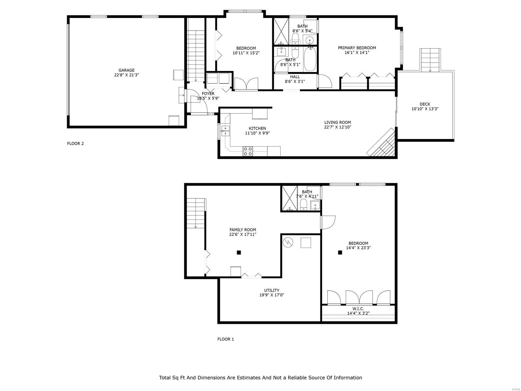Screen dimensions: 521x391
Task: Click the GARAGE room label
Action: click(x=126, y=70)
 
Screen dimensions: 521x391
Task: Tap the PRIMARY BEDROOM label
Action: click(x=357, y=48)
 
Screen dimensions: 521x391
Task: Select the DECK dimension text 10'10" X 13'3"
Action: click(x=425, y=109)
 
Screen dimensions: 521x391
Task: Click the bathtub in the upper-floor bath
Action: click(x=310, y=59)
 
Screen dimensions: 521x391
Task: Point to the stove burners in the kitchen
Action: click(x=247, y=151)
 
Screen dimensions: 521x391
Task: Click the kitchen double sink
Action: click(x=225, y=131)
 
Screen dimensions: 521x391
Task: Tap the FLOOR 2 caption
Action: click(x=75, y=143)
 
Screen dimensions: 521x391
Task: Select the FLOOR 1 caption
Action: click(x=225, y=339)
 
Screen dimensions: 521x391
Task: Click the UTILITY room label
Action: click(x=272, y=290)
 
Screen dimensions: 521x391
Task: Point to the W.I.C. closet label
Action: click(x=358, y=309)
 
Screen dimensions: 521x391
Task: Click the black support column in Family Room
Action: click(x=239, y=253)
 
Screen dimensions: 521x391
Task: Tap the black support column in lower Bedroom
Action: click(x=340, y=253)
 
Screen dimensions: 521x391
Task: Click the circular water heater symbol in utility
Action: click(x=288, y=242)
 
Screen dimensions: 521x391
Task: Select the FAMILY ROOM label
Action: click(x=243, y=230)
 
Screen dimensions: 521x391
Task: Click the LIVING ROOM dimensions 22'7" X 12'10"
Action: click(x=338, y=127)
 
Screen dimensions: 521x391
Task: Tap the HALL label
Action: click(x=295, y=77)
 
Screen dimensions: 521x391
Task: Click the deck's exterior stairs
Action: click(x=430, y=60)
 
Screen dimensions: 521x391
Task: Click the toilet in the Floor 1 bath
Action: click(x=303, y=205)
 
